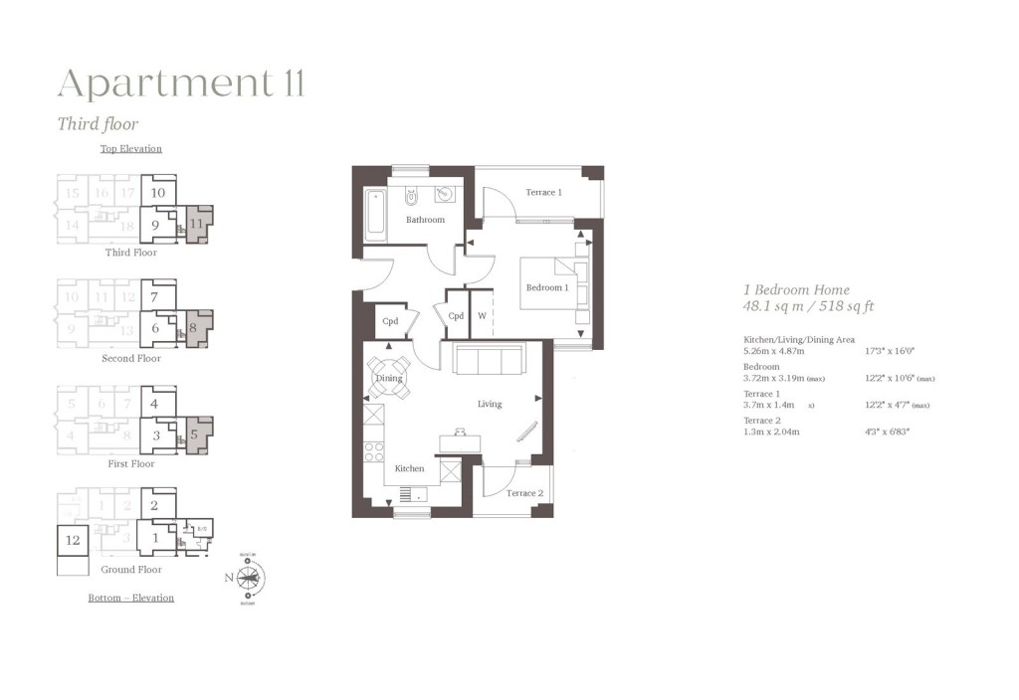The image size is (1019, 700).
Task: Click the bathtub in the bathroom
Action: pyautogui.click(x=375, y=213)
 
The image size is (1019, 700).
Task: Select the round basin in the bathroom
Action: pyautogui.click(x=444, y=194)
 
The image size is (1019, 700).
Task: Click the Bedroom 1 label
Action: pyautogui.click(x=547, y=287)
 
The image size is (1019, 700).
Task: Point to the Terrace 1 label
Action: pyautogui.click(x=543, y=192)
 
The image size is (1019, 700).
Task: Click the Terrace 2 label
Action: pyautogui.click(x=524, y=493)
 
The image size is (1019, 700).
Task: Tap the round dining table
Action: pyautogui.click(x=388, y=378)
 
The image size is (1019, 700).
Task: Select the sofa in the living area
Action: pyautogui.click(x=490, y=359)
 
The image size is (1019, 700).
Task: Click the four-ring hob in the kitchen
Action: pyautogui.click(x=373, y=451)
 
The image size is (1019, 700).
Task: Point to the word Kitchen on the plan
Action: pyautogui.click(x=409, y=468)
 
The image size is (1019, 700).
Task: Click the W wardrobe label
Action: pyautogui.click(x=482, y=316)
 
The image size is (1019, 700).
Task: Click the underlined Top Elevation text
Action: pyautogui.click(x=130, y=149)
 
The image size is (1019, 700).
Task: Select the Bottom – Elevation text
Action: pyautogui.click(x=130, y=598)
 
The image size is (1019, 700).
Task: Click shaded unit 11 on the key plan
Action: pyautogui.click(x=197, y=224)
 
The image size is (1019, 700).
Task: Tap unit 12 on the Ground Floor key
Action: pyautogui.click(x=72, y=540)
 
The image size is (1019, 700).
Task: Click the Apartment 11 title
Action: pyautogui.click(x=180, y=84)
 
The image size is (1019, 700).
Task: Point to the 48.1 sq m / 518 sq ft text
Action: pyautogui.click(x=809, y=307)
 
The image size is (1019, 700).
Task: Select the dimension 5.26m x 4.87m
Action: pyautogui.click(x=775, y=351)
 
